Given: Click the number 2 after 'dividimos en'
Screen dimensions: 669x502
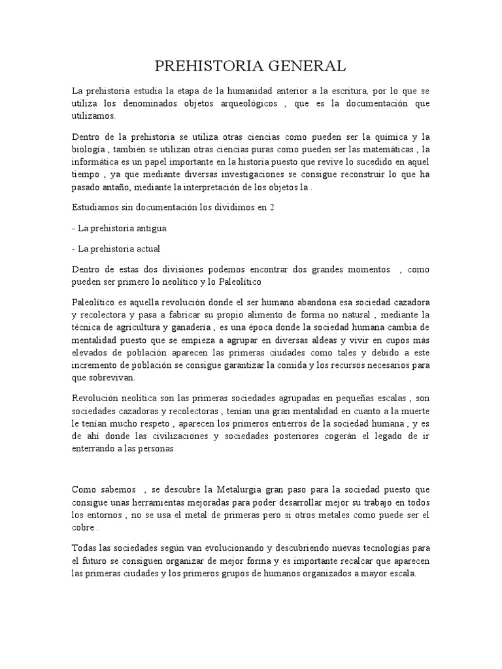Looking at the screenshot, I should [x=263, y=207].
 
